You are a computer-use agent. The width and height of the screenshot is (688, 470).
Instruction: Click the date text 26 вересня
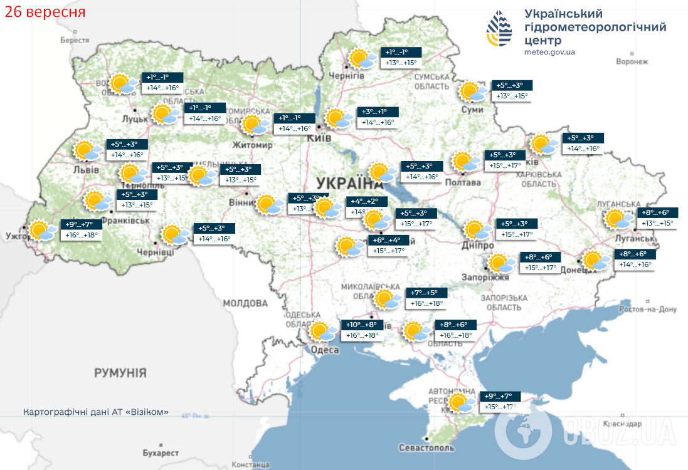[44, 11]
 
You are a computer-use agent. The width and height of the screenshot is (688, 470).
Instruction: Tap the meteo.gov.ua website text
[549, 52]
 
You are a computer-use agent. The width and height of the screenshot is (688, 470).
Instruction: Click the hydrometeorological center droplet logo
[499, 31]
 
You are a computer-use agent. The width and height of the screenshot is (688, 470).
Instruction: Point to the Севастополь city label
[426, 448]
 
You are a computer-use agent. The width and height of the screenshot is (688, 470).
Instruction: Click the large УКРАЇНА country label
[349, 183]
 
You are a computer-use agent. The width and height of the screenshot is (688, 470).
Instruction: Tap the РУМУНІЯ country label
[120, 373]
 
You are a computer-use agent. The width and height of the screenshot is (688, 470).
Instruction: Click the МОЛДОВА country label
[245, 303]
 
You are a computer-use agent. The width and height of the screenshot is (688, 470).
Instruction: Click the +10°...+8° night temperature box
[361, 325]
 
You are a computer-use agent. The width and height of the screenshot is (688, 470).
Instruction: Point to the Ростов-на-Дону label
[648, 310]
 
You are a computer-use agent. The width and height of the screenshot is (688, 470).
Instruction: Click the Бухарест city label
[161, 452]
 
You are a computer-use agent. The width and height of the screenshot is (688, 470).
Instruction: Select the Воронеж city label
[632, 61]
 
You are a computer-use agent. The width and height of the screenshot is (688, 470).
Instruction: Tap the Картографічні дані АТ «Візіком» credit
[96, 412]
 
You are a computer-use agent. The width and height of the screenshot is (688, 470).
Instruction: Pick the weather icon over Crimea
[461, 402]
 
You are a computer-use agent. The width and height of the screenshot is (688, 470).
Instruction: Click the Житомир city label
[252, 145]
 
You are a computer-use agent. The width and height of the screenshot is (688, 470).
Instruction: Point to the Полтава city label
[463, 182]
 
